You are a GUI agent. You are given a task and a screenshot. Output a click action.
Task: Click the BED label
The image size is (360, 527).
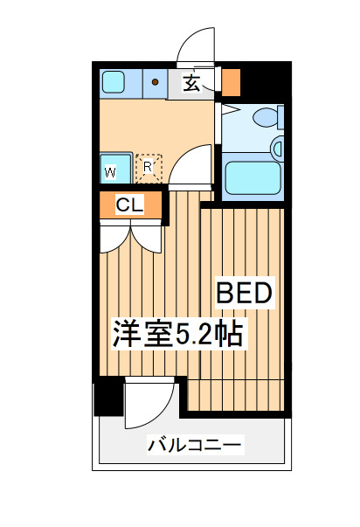pyautogui.click(x=245, y=293)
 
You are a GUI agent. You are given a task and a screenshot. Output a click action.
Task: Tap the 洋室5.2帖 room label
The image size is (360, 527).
pyautogui.click(x=177, y=334)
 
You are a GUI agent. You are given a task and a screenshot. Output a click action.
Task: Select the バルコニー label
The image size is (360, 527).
pyautogui.click(x=195, y=445)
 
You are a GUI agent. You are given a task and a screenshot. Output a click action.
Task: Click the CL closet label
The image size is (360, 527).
pyautogui.click(x=129, y=205)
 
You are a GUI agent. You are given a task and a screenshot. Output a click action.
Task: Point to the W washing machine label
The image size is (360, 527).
pyautogui.click(x=111, y=173)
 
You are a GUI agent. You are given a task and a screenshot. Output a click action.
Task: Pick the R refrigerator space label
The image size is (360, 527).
pyautogui.click(x=148, y=167)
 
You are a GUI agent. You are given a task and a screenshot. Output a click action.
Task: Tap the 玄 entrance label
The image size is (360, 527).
pyautogui.click(x=192, y=83)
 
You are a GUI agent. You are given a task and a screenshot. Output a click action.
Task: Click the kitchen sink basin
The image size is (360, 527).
pyautogui.click(x=114, y=81)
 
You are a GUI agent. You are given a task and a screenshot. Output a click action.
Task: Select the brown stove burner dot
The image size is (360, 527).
pyautogui.click(x=155, y=81)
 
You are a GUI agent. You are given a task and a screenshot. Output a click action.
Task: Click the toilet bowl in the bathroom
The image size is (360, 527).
pyautogui.click(x=266, y=117)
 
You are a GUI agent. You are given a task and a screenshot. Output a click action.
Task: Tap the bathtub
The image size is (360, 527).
pyautogui.click(x=253, y=177)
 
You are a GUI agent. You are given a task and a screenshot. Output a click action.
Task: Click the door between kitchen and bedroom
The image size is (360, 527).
pyautogui.click(x=190, y=164)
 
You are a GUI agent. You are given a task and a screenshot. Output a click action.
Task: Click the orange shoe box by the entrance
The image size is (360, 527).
pyautogui.click(x=231, y=83)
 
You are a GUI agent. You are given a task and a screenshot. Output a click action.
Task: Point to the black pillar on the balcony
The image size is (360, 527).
pyautogui.click(x=108, y=396)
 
